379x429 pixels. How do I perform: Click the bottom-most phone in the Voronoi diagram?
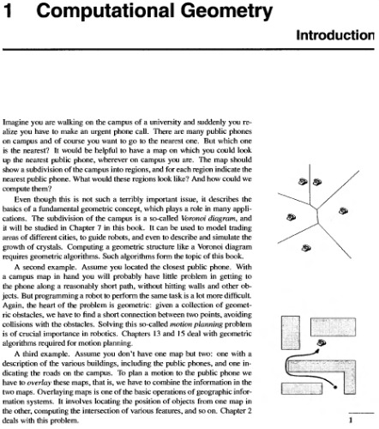pyautogui.click(x=307, y=248)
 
